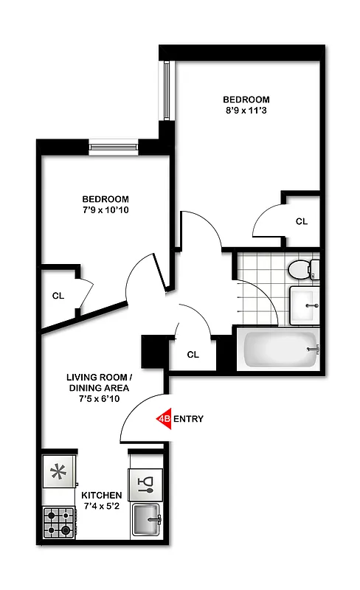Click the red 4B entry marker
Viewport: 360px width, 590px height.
point(164,419)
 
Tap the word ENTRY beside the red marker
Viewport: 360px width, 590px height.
point(188,419)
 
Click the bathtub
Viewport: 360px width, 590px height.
point(280,349)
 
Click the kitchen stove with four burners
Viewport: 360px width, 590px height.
point(60,521)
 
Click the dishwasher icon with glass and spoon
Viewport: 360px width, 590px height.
point(145,482)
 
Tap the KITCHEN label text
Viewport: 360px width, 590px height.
point(100,495)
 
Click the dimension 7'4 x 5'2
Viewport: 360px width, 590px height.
point(101,507)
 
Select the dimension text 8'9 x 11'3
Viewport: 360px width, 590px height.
point(246,111)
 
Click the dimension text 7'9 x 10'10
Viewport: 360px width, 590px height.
point(105,211)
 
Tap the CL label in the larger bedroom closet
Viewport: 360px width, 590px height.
point(302,221)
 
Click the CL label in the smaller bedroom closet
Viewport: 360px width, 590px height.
point(58,296)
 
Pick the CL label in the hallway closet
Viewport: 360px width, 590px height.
point(193,354)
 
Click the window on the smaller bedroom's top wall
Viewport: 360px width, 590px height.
point(114,145)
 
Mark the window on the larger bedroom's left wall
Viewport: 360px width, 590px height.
point(167,92)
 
